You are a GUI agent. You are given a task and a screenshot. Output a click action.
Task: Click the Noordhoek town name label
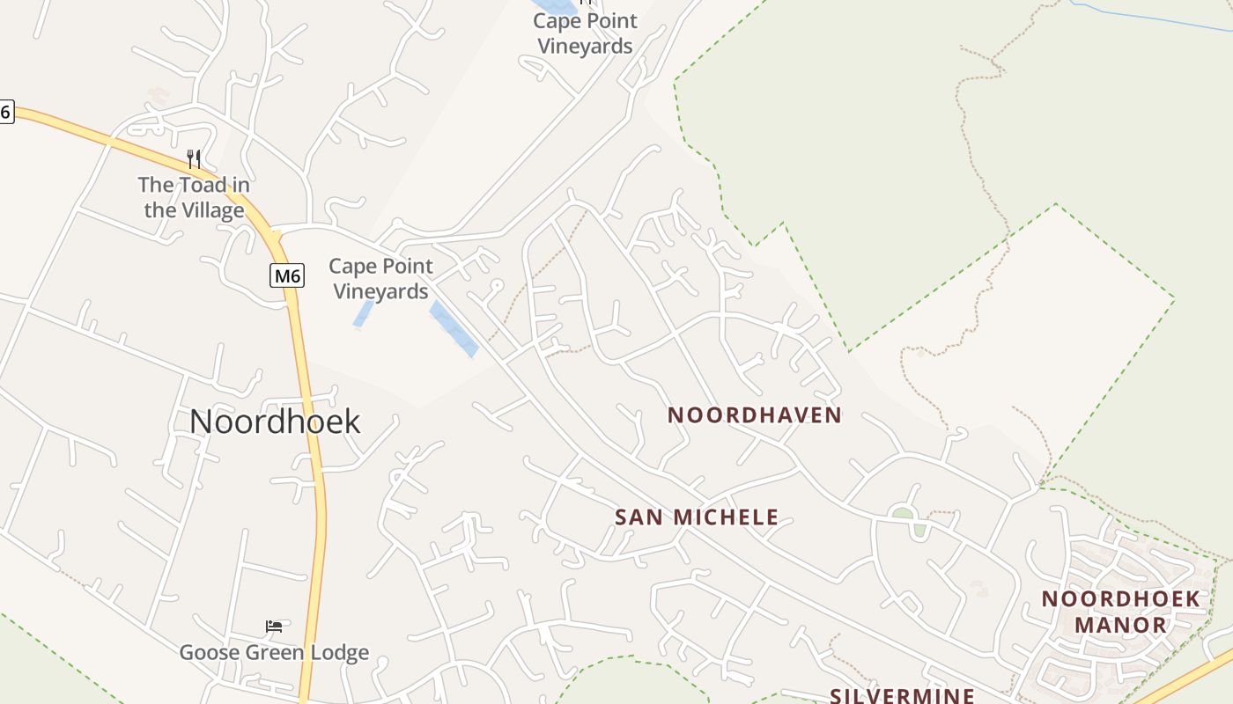tap(275, 422)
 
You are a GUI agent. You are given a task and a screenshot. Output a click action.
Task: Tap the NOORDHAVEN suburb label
tap(755, 415)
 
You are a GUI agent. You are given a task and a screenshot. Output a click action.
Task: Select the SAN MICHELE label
tap(697, 517)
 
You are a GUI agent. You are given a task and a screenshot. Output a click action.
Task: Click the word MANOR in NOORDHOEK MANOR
tap(1120, 626)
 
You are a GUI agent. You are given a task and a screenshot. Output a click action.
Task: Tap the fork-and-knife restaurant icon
tap(194, 159)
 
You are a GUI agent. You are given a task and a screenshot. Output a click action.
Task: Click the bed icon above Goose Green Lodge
tap(274, 627)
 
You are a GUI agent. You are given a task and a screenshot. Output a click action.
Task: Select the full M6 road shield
tap(287, 276)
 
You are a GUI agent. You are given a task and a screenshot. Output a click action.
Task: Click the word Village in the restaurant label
tap(212, 211)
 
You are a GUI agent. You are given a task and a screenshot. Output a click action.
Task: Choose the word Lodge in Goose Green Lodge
tap(339, 653)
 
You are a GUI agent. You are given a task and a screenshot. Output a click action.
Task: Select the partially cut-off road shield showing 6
tap(5, 112)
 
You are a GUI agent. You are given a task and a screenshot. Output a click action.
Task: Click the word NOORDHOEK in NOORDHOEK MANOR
tap(1120, 599)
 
